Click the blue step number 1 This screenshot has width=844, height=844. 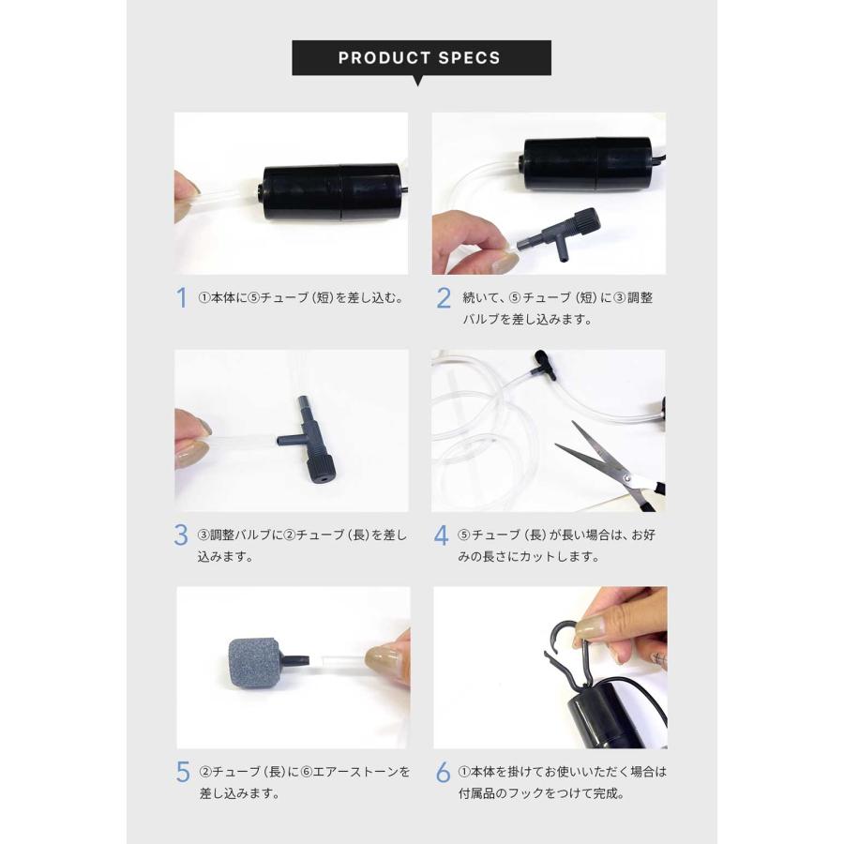(182, 298)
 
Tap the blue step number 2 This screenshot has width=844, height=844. (445, 298)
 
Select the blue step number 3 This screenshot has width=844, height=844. (182, 535)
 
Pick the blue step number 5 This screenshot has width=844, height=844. (183, 772)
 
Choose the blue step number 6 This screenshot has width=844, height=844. (444, 772)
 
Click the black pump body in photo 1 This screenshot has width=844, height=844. (331, 192)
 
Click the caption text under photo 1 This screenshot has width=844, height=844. (300, 298)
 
